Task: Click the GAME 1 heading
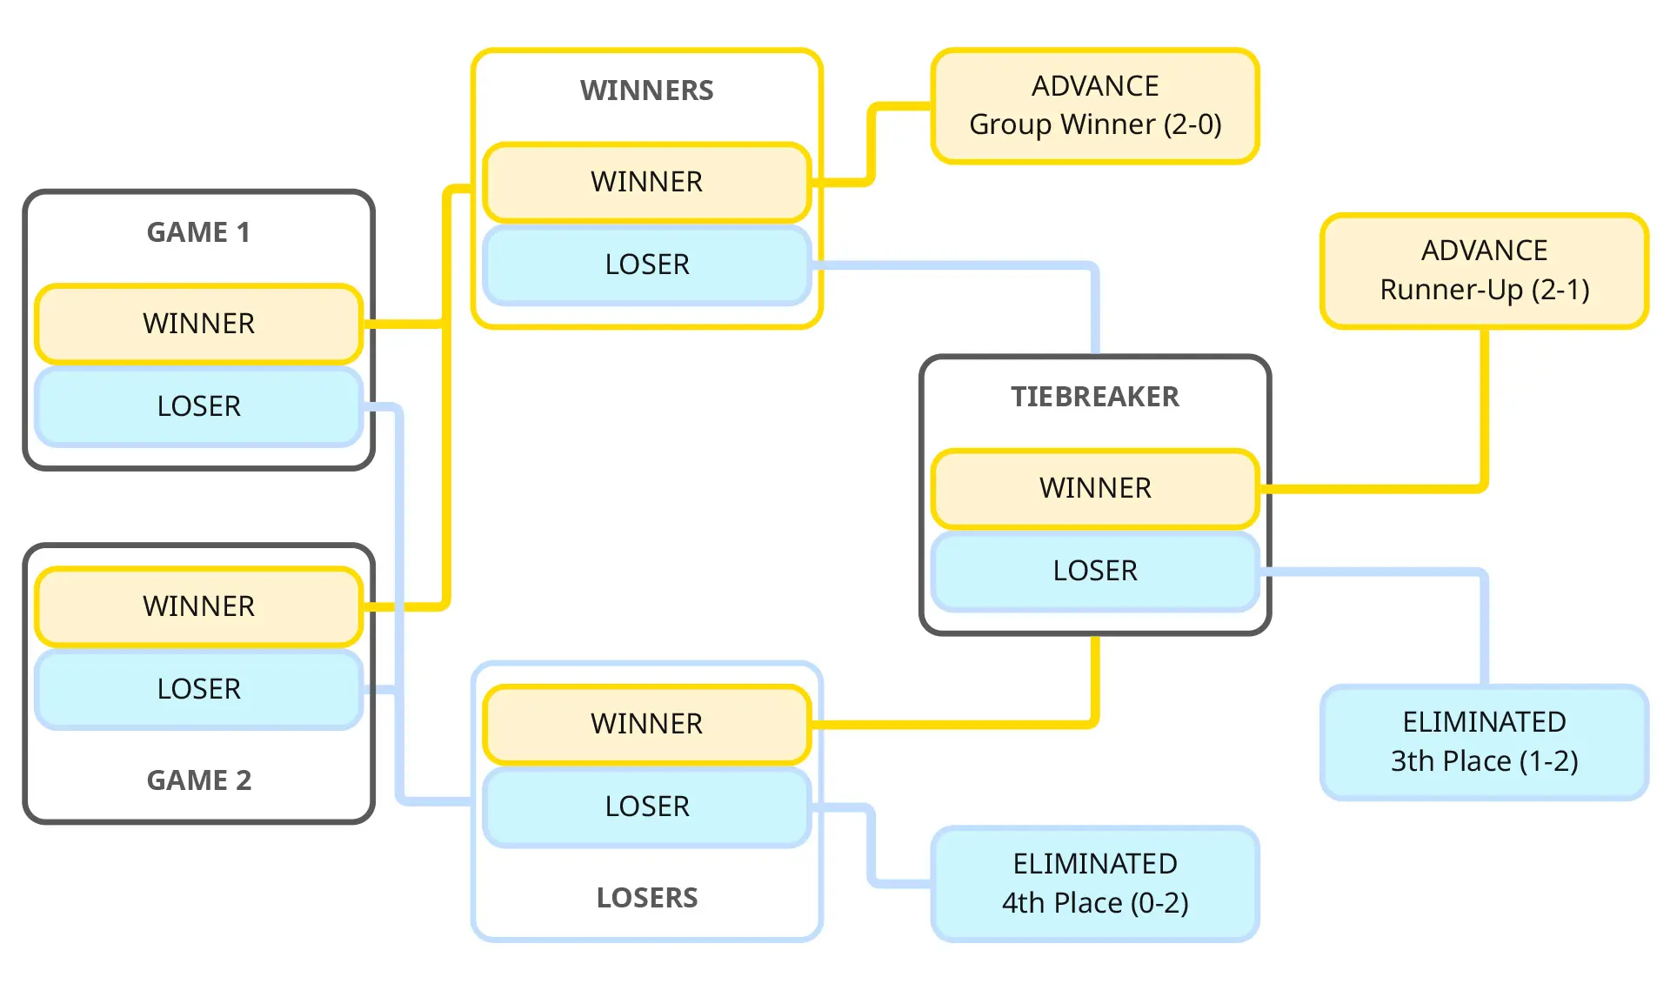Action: [x=198, y=232]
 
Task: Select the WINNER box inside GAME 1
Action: [x=198, y=324]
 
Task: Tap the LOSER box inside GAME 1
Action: [x=198, y=406]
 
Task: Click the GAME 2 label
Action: [x=198, y=780]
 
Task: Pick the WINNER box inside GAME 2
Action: [x=198, y=606]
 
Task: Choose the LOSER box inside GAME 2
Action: [x=198, y=689]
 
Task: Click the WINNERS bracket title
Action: [x=646, y=90]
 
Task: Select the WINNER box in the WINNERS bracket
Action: [x=646, y=182]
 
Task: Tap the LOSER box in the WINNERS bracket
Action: [x=646, y=264]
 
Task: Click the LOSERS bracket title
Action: [x=646, y=898]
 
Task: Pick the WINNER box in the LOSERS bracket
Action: [x=646, y=724]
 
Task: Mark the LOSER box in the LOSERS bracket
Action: [x=646, y=807]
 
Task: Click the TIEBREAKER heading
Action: [x=1094, y=397]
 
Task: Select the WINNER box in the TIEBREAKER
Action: [x=1094, y=488]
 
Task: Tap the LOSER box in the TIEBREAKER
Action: [x=1094, y=571]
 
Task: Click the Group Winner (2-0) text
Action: [x=1094, y=124]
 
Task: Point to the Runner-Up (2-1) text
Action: [x=1484, y=290]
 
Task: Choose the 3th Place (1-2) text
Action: [x=1484, y=761]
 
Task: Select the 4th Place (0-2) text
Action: [x=1094, y=903]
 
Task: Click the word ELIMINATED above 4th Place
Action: [x=1094, y=864]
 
